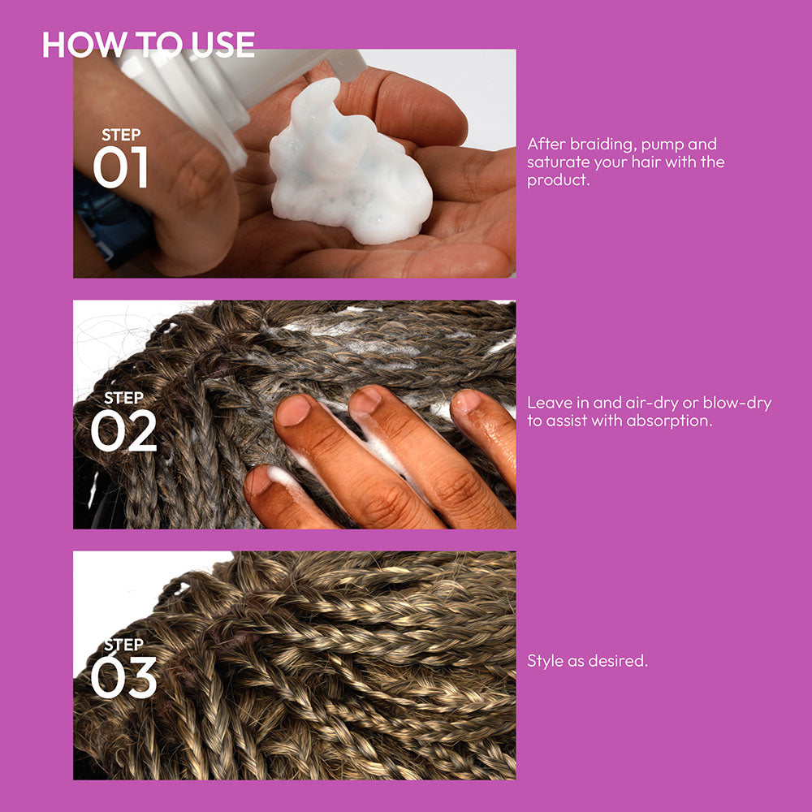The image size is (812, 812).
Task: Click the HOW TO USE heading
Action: click(149, 44)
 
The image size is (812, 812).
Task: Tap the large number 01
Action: click(121, 166)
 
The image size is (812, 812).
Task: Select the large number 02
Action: click(123, 430)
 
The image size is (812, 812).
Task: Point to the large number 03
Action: click(123, 677)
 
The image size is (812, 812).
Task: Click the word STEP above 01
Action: click(121, 135)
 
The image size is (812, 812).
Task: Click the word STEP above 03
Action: click(123, 644)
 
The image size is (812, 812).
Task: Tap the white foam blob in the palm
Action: click(347, 166)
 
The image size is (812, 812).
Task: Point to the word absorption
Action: click(669, 421)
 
